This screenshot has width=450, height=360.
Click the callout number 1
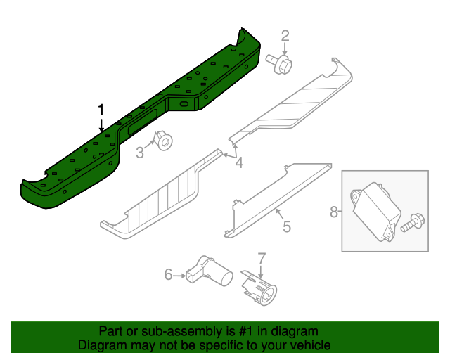pyautogui.click(x=101, y=110)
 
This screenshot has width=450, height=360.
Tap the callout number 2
pyautogui.click(x=285, y=36)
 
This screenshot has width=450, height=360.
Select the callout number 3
pyautogui.click(x=140, y=152)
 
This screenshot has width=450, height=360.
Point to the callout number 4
pyautogui.click(x=239, y=164)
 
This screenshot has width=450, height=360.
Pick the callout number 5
pyautogui.click(x=286, y=226)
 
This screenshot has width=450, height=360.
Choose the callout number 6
pyautogui.click(x=168, y=274)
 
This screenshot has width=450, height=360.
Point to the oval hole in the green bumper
pyautogui.click(x=186, y=105)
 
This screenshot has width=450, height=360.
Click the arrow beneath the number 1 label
pyautogui.click(x=101, y=125)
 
